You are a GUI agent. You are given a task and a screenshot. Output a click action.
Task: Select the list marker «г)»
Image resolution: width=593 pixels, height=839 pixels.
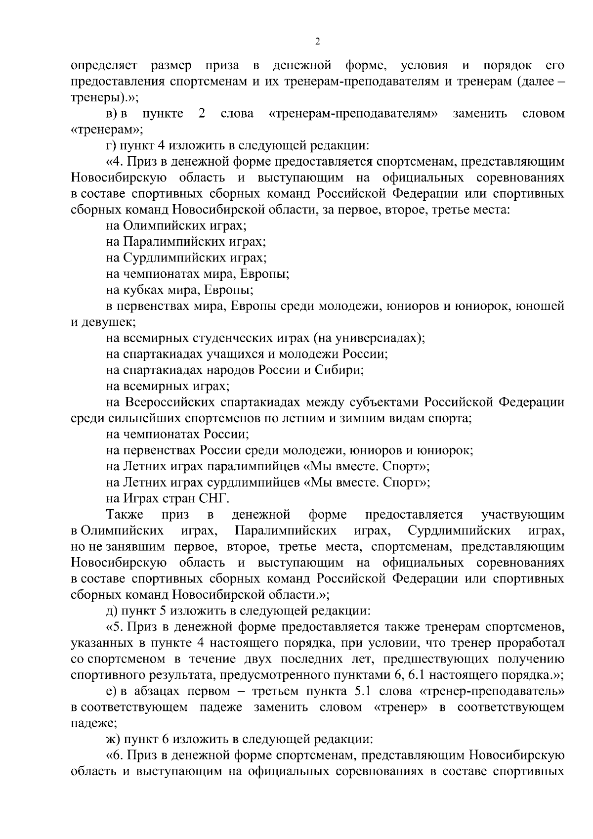(x=111, y=146)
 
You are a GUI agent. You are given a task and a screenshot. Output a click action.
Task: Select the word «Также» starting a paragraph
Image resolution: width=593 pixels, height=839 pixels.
(x=125, y=515)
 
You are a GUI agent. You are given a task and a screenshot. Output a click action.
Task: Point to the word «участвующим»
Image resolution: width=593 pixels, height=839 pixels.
(x=522, y=515)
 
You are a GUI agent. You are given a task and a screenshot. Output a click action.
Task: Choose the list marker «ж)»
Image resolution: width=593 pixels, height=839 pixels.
(x=113, y=740)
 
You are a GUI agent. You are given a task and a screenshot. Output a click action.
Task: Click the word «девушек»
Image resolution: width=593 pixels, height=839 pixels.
(x=102, y=322)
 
